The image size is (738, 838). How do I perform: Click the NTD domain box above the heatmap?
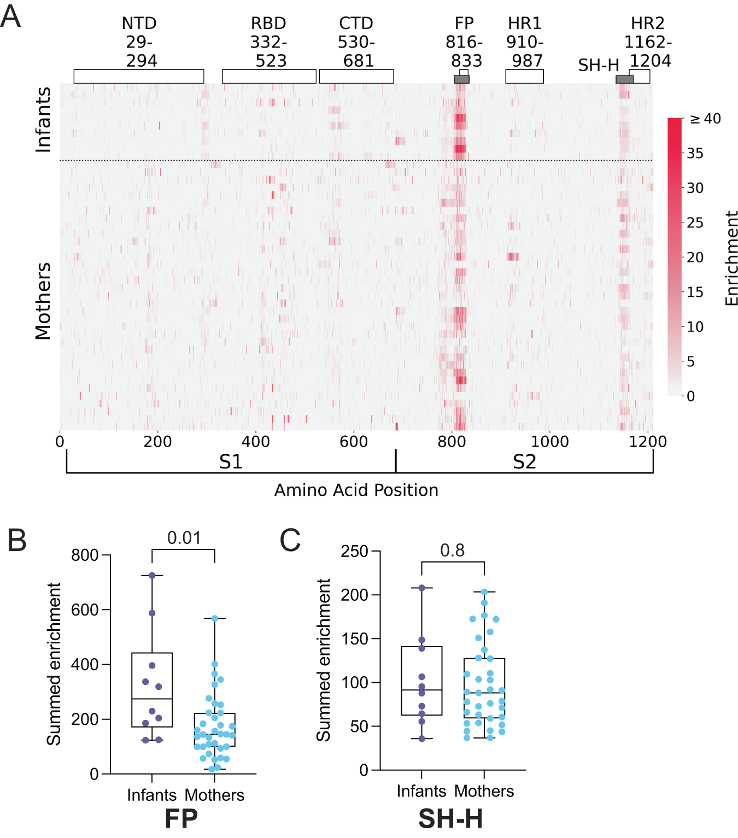click(139, 77)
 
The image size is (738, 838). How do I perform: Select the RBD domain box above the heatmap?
click(269, 77)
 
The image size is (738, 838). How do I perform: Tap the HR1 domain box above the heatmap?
click(524, 77)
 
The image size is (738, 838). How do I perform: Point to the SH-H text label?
click(598, 66)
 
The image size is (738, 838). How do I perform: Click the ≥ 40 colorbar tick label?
click(705, 119)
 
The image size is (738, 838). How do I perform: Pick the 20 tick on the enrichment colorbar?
click(695, 257)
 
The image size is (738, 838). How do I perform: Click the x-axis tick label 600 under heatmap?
click(354, 442)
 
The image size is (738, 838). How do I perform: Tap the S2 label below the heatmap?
click(524, 462)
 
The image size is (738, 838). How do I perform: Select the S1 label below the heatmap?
click(231, 462)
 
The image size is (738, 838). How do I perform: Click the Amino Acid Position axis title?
click(356, 490)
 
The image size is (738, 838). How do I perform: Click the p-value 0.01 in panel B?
click(184, 538)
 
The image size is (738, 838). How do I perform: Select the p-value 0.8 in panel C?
click(452, 550)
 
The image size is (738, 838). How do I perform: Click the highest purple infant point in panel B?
click(152, 576)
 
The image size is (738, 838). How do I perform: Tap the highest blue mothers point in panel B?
click(215, 618)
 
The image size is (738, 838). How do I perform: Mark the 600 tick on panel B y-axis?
click(85, 610)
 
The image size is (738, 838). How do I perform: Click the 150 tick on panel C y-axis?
click(354, 638)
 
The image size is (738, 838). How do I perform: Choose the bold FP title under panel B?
click(181, 819)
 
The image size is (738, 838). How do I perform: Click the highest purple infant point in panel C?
click(421, 588)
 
